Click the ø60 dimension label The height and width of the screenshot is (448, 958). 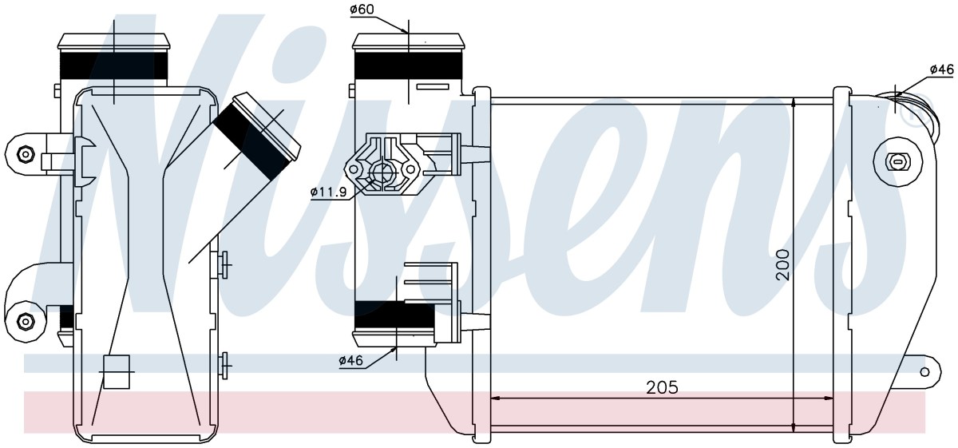coord(362,9)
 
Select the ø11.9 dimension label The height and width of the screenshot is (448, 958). coord(328,192)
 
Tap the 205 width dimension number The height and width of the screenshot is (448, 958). coord(662,387)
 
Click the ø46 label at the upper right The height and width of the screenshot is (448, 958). coord(942,81)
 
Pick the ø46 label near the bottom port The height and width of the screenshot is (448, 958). coord(350,361)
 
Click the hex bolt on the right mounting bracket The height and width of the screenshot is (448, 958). coord(898,162)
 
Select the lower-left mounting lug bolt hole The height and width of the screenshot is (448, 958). coord(25,321)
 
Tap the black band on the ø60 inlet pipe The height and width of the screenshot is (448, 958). coord(408,65)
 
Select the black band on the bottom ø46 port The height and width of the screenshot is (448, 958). coord(394,315)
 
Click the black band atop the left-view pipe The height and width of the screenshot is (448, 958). coord(113,65)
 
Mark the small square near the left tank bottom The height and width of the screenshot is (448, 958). coord(117,371)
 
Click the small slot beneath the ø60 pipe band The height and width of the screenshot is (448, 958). coord(433,87)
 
